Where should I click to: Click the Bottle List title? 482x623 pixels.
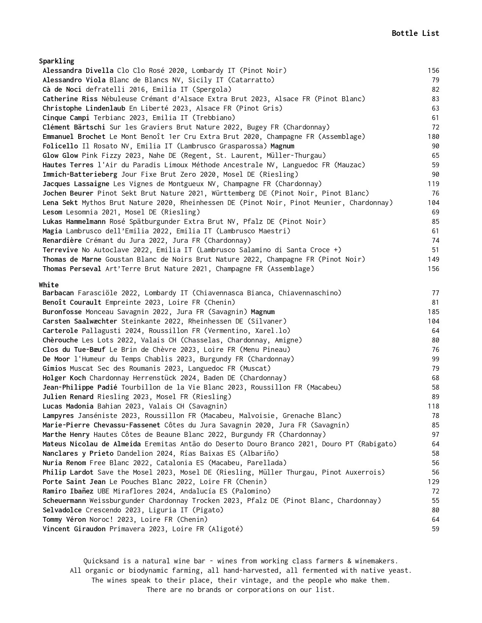tap(415, 33)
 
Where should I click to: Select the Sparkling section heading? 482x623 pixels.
tap(56, 61)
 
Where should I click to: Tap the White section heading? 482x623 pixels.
tap(49, 285)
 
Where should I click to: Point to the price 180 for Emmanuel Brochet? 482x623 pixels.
tap(433, 137)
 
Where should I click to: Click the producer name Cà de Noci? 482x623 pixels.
tap(62, 89)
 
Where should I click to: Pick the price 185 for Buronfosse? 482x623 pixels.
tap(433, 312)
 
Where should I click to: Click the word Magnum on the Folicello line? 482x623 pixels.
tap(282, 146)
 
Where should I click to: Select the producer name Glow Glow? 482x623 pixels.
tap(60, 156)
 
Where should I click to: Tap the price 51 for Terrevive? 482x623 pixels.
tap(436, 250)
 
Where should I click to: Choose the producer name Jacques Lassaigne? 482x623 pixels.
tap(76, 184)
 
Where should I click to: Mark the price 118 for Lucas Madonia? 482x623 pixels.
tap(433, 406)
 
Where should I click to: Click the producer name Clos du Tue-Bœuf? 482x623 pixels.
tap(74, 350)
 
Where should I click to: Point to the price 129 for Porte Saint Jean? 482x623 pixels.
tap(433, 482)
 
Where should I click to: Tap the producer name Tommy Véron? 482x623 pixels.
tap(64, 520)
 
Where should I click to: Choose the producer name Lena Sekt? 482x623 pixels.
tap(60, 203)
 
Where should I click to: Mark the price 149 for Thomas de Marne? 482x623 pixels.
tap(433, 259)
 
